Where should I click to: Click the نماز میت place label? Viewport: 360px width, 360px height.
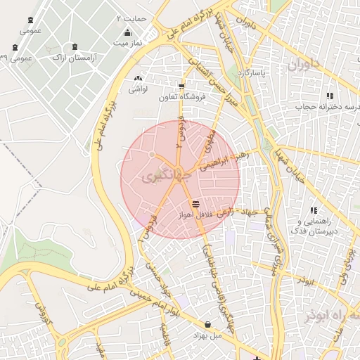click(x=127, y=43)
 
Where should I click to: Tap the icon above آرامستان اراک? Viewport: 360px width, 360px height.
click(x=72, y=46)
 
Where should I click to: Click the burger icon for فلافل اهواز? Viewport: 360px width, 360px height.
click(x=195, y=203)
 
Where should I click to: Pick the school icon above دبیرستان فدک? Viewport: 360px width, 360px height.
click(x=314, y=210)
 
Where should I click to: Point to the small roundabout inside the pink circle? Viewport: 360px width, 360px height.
click(x=152, y=154)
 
